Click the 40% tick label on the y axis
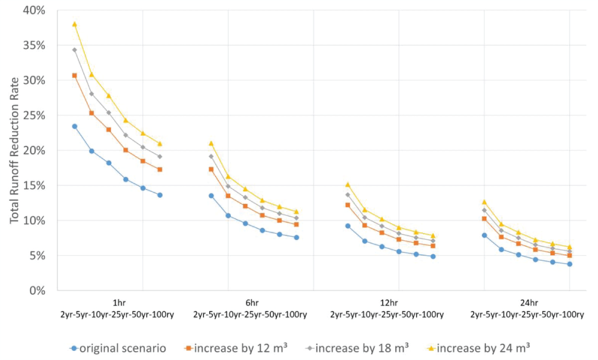[34, 10]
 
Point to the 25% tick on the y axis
[34, 115]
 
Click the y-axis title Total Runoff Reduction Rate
[14, 151]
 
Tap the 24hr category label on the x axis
[526, 303]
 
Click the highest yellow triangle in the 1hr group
[75, 24]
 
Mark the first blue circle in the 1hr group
[75, 126]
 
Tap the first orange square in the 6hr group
[211, 169]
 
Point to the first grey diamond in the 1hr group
[75, 50]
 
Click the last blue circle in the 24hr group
[569, 264]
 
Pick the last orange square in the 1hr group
[160, 169]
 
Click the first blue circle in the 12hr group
[347, 225]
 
